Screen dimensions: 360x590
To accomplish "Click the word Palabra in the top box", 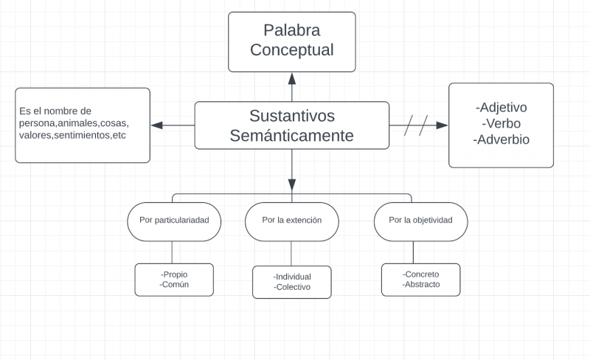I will point(291,31).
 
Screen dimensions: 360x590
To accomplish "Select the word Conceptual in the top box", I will point(291,50).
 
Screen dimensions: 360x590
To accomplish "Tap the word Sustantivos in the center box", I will point(292,116).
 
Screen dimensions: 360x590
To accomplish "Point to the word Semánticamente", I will point(292,136).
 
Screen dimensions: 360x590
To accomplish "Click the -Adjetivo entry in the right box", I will point(502,108).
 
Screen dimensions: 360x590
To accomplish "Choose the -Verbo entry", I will point(502,123).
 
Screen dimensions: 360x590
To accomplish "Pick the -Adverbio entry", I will point(502,139).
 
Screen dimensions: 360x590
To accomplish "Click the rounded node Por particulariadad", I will point(174,220).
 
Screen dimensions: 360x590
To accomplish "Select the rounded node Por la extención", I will point(291,220).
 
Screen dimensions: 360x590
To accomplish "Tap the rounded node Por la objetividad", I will point(420,220).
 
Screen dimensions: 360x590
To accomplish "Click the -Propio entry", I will point(174,274).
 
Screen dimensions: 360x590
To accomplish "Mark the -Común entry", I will point(174,284).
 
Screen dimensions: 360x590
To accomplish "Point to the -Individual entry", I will point(292,277).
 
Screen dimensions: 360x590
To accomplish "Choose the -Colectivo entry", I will point(292,287).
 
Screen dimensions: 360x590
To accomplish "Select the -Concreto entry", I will point(421,274).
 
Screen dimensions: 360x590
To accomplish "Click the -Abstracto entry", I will point(421,284).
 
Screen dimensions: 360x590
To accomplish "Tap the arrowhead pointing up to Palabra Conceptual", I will point(292,78).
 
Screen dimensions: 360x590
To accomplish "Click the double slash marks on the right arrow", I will point(417,125).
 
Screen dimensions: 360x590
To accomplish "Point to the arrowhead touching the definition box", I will point(156,125).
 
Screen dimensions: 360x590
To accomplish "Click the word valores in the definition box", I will point(36,136).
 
